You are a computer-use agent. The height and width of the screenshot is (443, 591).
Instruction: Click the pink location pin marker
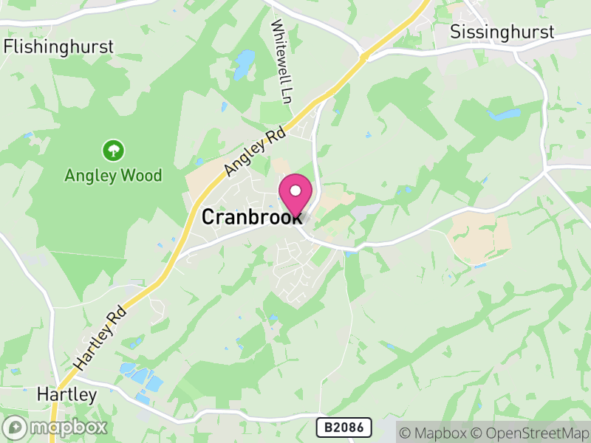295,196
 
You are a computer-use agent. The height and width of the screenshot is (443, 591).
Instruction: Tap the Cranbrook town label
251,217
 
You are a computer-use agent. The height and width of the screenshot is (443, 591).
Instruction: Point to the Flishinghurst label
59,47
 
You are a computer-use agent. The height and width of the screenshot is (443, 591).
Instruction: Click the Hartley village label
66,395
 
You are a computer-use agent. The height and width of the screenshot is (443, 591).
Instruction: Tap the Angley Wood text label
113,176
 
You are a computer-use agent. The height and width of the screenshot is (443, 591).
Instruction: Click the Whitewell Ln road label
282,61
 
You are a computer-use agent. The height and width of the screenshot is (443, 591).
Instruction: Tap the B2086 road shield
344,427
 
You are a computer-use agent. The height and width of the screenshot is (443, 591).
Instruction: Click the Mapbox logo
56,427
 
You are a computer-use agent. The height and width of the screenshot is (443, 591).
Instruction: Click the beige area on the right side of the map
480,237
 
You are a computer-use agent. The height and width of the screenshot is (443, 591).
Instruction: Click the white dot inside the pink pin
295,190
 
